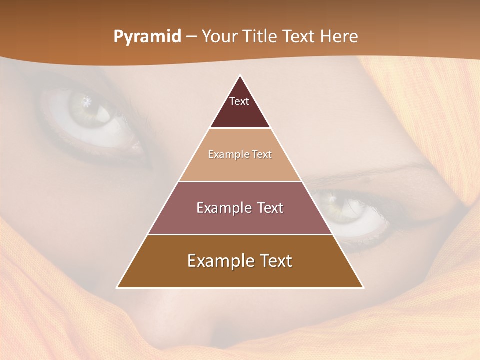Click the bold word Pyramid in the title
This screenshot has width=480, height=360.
147,37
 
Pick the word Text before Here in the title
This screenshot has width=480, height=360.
301,37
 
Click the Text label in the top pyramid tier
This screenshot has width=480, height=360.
239,101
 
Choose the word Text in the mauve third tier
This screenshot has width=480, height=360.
270,208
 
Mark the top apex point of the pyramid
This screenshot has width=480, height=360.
240,75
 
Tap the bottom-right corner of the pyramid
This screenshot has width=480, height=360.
363,287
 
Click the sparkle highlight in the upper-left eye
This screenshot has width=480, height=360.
88,102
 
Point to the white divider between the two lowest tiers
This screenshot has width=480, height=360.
240,234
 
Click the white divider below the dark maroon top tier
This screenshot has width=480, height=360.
240,128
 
